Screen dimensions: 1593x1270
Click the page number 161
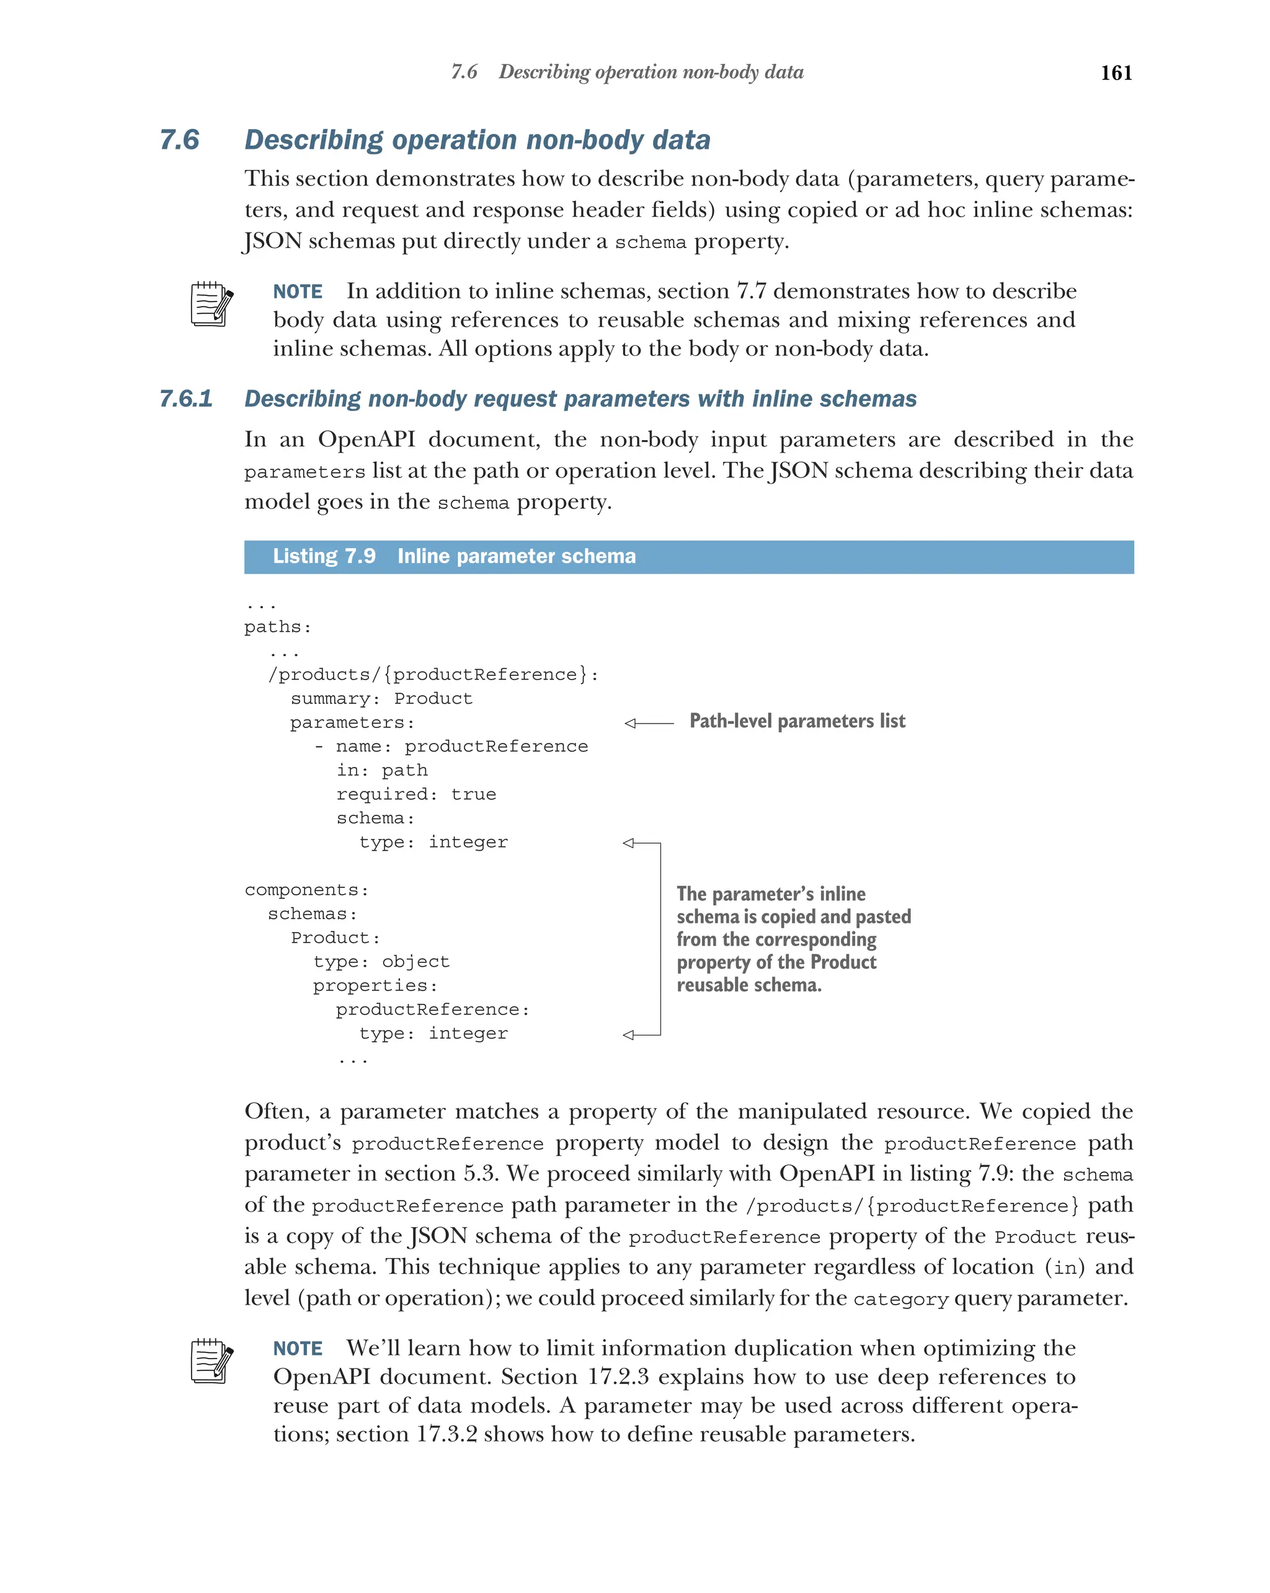(x=1116, y=73)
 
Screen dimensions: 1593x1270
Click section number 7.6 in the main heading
(x=180, y=140)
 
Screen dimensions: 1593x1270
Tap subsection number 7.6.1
(x=186, y=399)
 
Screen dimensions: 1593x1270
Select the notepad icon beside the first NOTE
(x=211, y=304)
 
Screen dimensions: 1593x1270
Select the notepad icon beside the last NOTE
(x=211, y=1361)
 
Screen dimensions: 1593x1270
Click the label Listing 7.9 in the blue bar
(x=324, y=556)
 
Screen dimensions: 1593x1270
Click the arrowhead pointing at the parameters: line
(x=630, y=724)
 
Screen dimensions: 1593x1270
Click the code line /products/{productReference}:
(x=433, y=675)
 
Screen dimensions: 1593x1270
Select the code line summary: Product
(x=381, y=699)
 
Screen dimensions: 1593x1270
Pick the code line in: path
(x=382, y=771)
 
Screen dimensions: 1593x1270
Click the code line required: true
(x=416, y=794)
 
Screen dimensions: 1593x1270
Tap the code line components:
(x=306, y=890)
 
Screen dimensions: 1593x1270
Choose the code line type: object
(x=381, y=962)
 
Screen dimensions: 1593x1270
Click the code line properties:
(x=375, y=986)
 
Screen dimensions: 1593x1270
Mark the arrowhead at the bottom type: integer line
(x=629, y=1035)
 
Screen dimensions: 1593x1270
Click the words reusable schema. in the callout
(x=748, y=985)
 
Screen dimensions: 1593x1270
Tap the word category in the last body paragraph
(x=900, y=1300)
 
